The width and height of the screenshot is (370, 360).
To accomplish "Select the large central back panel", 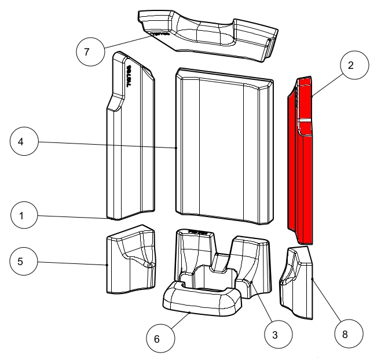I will pyautogui.click(x=224, y=148).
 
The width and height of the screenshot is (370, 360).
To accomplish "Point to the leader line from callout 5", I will pyautogui.click(x=72, y=263).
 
